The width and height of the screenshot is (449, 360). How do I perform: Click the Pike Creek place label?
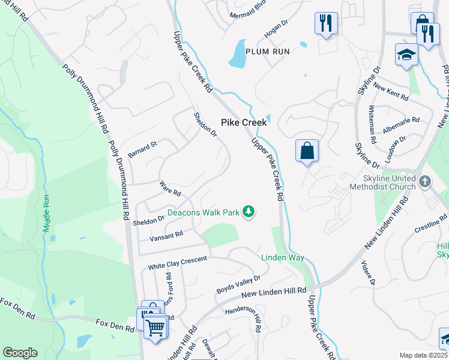pyautogui.click(x=244, y=122)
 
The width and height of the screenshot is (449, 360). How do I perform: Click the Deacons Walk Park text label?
pyautogui.click(x=203, y=212)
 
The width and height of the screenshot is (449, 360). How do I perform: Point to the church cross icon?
pyautogui.click(x=424, y=181)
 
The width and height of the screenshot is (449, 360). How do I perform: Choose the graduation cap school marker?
pyautogui.click(x=406, y=55)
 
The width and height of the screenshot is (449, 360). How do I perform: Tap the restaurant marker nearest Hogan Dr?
pyautogui.click(x=326, y=24)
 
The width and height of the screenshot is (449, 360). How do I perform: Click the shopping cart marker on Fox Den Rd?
pyautogui.click(x=155, y=328)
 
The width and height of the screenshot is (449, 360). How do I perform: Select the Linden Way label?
pyautogui.click(x=282, y=257)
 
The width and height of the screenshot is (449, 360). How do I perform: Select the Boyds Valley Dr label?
pyautogui.click(x=239, y=284)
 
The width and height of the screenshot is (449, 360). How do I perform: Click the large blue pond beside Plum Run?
pyautogui.click(x=238, y=54)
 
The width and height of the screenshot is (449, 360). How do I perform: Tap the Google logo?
pyautogui.click(x=20, y=353)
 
